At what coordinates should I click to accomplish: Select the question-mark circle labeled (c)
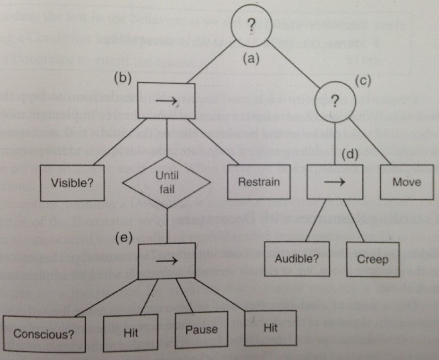336,101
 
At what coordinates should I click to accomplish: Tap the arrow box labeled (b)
167,102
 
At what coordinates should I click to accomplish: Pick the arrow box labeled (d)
335,182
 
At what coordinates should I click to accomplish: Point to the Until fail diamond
167,181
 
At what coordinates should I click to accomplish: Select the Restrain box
259,181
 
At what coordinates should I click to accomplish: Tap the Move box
406,181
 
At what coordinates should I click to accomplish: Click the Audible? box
297,259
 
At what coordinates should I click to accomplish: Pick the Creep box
373,259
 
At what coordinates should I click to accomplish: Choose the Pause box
202,329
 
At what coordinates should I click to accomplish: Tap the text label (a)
253,59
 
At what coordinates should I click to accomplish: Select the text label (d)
351,156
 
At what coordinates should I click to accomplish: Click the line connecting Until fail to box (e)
167,225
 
